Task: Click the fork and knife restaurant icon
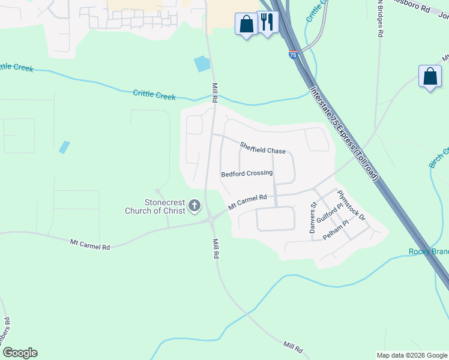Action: click(x=267, y=23)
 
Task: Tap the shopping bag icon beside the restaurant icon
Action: click(x=246, y=25)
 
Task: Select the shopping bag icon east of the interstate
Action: click(x=430, y=76)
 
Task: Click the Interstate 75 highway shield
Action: click(x=293, y=55)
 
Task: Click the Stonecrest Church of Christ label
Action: click(x=155, y=206)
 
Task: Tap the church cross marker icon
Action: click(x=194, y=206)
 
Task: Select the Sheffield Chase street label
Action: click(x=263, y=148)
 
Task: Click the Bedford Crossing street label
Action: click(x=247, y=173)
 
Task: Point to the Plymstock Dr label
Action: click(x=351, y=205)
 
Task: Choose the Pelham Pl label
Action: click(x=336, y=230)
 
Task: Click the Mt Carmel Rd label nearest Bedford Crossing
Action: click(x=247, y=202)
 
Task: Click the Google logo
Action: click(x=20, y=353)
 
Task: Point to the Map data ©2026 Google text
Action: click(x=412, y=355)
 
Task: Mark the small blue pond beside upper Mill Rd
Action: click(x=202, y=64)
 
